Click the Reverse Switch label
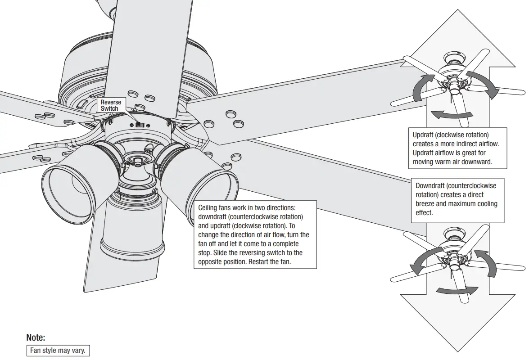111,105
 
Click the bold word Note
36,337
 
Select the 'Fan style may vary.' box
57,350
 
